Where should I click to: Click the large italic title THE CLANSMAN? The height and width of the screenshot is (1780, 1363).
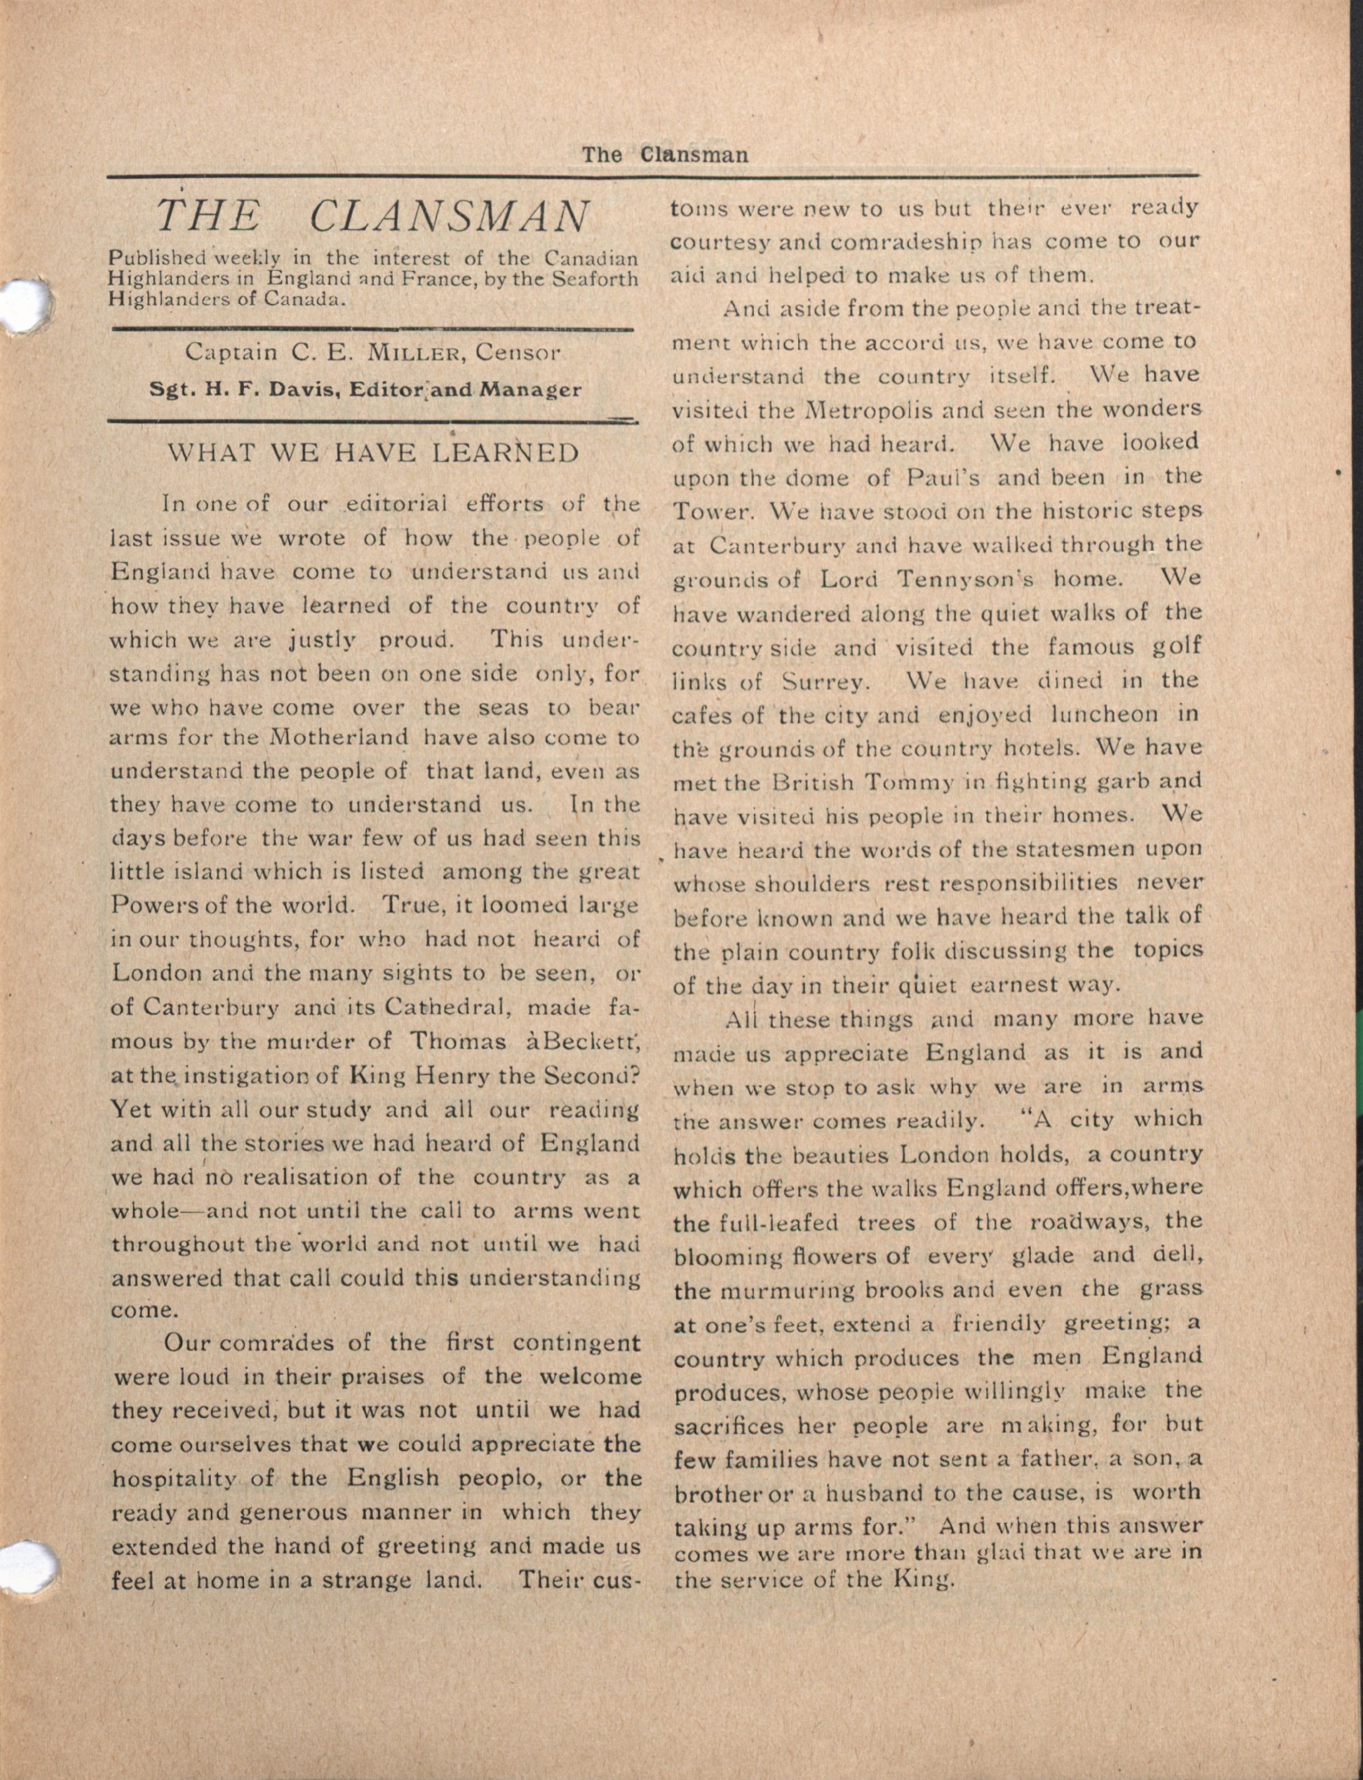pyautogui.click(x=372, y=216)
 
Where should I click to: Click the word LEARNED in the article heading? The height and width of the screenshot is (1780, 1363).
pyautogui.click(x=505, y=453)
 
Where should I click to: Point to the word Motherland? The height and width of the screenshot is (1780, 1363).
pyautogui.click(x=339, y=738)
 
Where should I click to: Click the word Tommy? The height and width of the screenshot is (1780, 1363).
pyautogui.click(x=907, y=783)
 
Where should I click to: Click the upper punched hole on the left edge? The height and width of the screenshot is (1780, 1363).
pyautogui.click(x=24, y=306)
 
